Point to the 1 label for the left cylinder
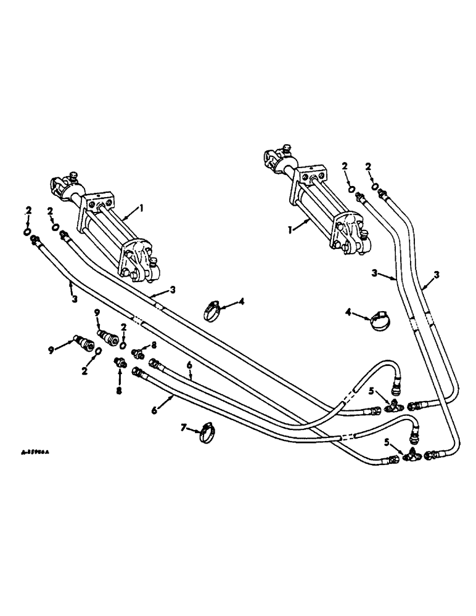[141, 209]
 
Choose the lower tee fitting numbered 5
[409, 456]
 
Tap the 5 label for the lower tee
[385, 441]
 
